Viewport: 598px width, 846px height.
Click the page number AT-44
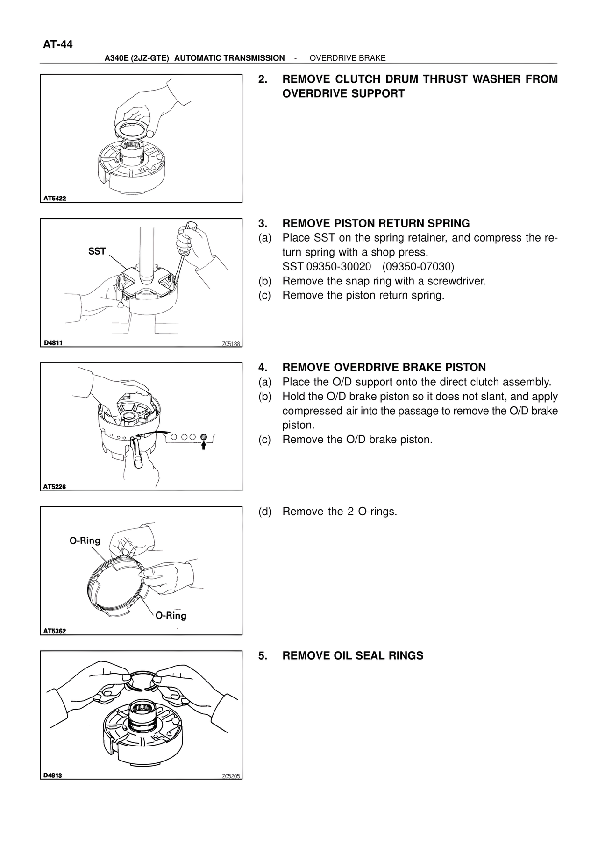tap(58, 45)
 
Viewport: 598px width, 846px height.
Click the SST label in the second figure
tap(97, 251)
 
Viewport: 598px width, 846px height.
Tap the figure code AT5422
tap(55, 198)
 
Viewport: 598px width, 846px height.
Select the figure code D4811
tap(53, 342)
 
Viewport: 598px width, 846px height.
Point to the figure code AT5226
tap(55, 486)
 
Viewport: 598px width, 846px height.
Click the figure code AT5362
tap(55, 631)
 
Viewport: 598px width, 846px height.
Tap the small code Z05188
tap(231, 344)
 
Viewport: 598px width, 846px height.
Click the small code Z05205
tap(231, 776)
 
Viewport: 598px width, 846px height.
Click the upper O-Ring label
tap(85, 540)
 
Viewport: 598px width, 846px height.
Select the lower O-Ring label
tap(171, 616)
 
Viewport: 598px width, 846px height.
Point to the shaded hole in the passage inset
tap(204, 437)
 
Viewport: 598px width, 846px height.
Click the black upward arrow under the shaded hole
tap(204, 446)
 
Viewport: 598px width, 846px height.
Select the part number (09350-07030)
tap(418, 267)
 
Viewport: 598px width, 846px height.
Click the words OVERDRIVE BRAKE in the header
tap(348, 58)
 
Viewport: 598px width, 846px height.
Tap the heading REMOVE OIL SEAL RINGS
tap(353, 655)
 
